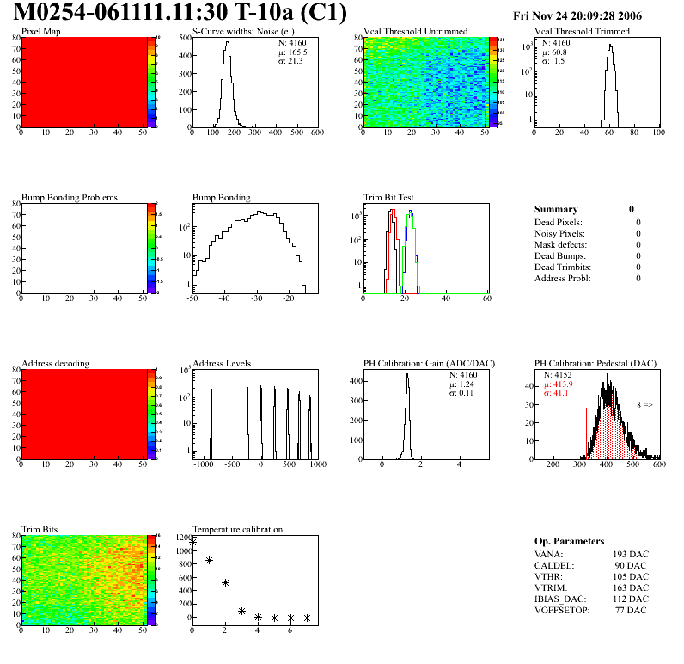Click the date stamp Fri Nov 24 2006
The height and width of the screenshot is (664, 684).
577,15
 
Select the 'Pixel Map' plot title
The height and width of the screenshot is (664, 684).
40,32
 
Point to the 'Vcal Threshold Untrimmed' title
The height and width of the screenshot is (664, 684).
416,32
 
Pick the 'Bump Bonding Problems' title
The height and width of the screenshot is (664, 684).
70,198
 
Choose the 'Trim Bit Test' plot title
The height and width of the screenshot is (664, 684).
389,198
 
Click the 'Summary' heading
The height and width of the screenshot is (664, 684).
556,209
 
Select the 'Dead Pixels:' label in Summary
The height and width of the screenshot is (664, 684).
558,222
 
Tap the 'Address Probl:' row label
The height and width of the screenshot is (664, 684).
563,278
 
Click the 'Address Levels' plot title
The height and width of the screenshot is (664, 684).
222,364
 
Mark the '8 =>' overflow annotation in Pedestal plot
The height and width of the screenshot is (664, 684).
644,404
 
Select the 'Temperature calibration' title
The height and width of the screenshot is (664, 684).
238,530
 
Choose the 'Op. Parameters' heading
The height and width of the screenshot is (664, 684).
569,541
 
